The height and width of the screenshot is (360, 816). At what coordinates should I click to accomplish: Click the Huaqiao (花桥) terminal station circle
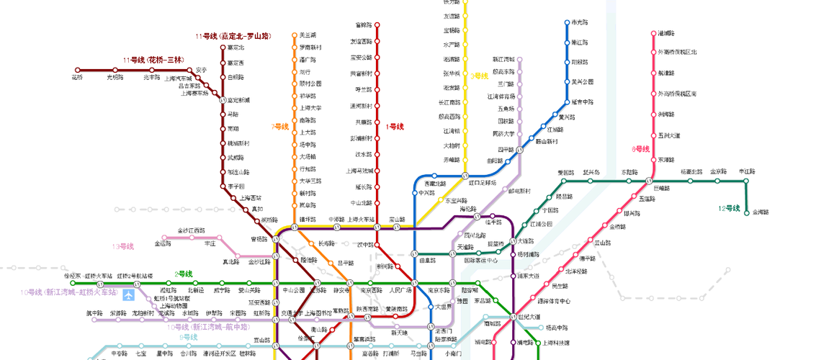(78, 69)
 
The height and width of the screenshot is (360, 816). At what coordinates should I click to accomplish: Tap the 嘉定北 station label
(236, 48)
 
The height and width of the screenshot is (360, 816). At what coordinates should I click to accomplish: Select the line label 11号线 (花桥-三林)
(153, 60)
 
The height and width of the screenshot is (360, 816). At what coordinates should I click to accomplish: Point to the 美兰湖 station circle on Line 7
(294, 35)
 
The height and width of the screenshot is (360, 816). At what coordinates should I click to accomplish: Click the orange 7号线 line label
(279, 127)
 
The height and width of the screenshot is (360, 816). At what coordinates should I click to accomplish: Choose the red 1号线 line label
(395, 127)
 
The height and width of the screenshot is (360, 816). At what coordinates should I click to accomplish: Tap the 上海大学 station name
(310, 108)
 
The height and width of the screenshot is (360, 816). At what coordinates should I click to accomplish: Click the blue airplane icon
(129, 294)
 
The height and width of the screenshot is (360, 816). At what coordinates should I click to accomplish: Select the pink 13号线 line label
(122, 246)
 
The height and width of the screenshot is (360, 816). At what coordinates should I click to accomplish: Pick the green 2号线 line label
(184, 274)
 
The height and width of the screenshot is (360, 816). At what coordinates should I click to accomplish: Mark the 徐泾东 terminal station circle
(72, 283)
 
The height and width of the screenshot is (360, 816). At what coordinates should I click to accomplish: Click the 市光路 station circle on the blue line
(567, 23)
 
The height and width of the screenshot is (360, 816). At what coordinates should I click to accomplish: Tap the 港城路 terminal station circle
(653, 33)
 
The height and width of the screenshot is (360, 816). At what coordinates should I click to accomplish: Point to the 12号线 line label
(729, 208)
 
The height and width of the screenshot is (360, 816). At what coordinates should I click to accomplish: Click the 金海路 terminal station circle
(746, 212)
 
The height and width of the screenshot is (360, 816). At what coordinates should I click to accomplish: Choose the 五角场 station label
(507, 109)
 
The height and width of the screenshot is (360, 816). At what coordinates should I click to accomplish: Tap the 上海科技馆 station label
(556, 343)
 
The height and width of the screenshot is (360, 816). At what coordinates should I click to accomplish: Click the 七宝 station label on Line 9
(140, 354)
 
